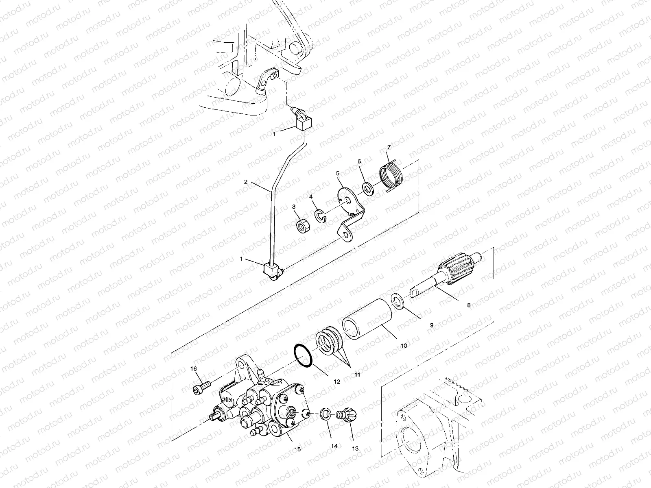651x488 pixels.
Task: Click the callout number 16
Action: click(x=194, y=368)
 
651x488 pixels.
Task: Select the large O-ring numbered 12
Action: click(x=302, y=357)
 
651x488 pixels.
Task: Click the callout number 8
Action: click(x=469, y=305)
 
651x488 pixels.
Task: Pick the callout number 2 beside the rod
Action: click(x=245, y=182)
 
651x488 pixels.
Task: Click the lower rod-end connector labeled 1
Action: click(x=272, y=270)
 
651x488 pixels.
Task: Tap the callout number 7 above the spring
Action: click(x=389, y=147)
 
